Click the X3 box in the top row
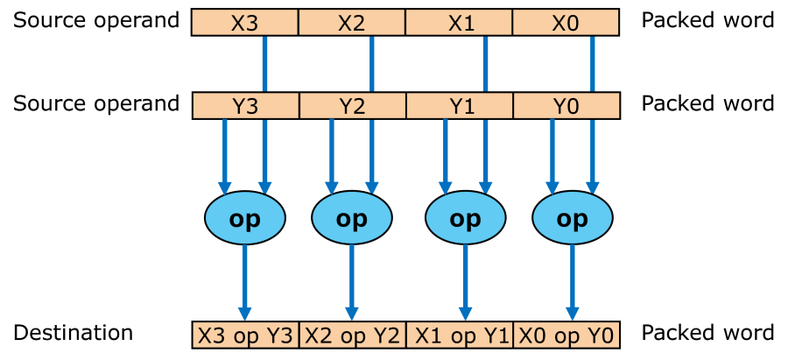click(245, 23)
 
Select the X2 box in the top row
click(352, 23)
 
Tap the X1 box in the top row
click(460, 23)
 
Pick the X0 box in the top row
click(566, 23)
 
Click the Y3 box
click(245, 107)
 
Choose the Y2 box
click(352, 107)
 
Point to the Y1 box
click(460, 107)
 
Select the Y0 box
click(566, 107)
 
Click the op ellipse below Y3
click(245, 219)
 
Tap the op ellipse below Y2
click(352, 219)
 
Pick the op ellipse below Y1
click(465, 219)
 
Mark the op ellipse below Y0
click(572, 219)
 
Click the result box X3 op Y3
click(245, 335)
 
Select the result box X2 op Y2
click(352, 335)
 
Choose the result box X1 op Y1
click(460, 335)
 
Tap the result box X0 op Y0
click(566, 335)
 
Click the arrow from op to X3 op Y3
click(245, 280)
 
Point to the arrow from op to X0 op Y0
click(572, 280)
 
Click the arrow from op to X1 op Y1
click(465, 280)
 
